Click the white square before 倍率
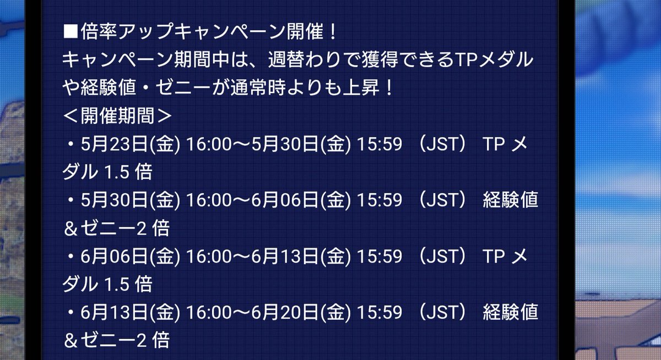[71, 31]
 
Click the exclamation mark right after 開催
[333, 31]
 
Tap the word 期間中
[202, 59]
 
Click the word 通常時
[258, 88]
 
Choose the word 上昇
[361, 88]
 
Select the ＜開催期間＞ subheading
[117, 115]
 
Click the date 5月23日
[114, 144]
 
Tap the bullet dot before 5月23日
[71, 144]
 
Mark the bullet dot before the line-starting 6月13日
[71, 313]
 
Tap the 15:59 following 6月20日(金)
[380, 313]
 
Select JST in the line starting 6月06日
[443, 257]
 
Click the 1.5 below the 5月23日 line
[117, 172]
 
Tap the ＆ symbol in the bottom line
[71, 341]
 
